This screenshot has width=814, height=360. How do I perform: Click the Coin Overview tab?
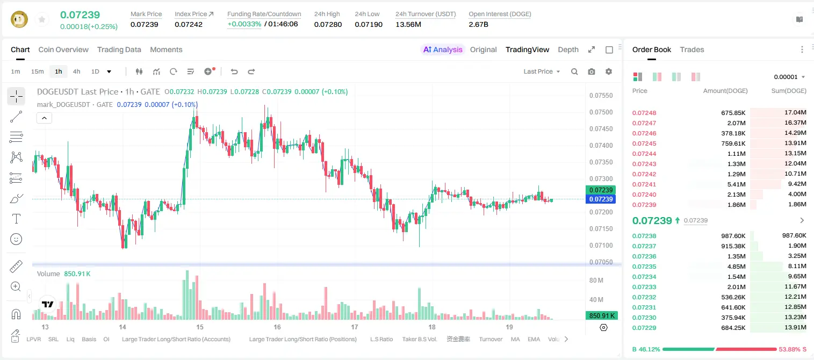[63, 49]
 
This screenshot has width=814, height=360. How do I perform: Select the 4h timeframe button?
[76, 71]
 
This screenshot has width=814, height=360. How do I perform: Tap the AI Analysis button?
[443, 49]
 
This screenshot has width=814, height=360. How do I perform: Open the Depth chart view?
[568, 49]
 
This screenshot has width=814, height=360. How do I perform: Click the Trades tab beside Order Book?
[692, 49]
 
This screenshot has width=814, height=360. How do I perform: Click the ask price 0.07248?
[644, 113]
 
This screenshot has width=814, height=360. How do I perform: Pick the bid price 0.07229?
[644, 328]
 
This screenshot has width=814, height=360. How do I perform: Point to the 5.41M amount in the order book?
[736, 184]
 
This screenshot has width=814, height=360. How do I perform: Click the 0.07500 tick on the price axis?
[601, 112]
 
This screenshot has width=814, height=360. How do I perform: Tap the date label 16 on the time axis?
[277, 327]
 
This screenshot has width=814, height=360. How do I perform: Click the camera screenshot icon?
[592, 71]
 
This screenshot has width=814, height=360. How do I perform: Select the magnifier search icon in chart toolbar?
[574, 71]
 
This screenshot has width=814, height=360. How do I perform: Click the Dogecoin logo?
[19, 19]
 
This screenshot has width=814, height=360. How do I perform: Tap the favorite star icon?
[42, 19]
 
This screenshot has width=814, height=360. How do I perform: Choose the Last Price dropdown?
[542, 71]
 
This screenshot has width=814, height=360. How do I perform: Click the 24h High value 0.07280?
[328, 24]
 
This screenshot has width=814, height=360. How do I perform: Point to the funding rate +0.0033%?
[244, 24]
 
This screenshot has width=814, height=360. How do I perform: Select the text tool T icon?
[16, 219]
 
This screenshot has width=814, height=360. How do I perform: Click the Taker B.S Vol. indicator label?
[419, 339]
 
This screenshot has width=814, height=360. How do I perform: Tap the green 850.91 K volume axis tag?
[602, 316]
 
